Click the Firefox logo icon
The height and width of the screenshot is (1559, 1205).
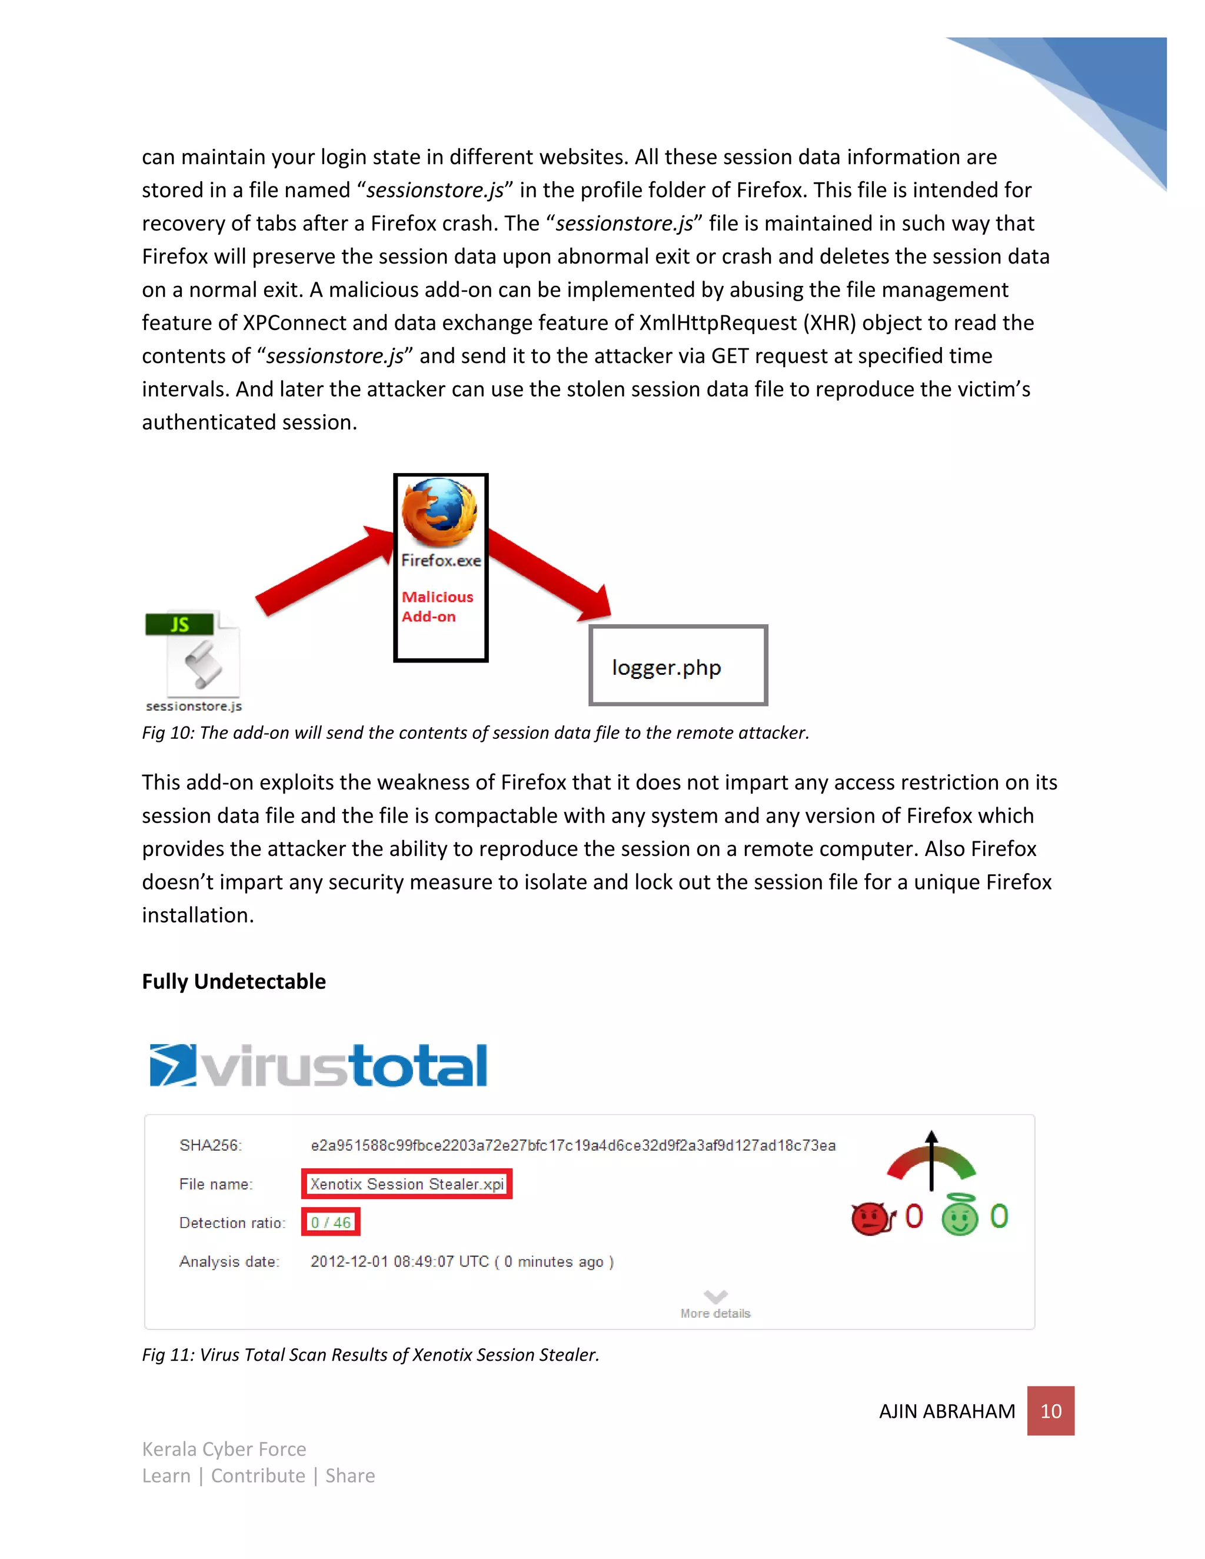tap(439, 512)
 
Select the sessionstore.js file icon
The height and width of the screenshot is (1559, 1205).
tap(194, 655)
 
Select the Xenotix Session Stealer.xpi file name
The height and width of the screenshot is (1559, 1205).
tap(407, 1184)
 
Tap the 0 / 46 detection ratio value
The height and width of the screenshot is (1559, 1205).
tap(331, 1223)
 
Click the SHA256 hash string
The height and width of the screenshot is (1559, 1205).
tap(572, 1145)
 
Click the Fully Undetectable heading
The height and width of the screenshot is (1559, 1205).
tap(234, 981)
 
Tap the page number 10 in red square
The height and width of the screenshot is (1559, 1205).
tap(1050, 1411)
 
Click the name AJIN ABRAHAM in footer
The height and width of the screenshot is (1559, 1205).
tap(947, 1411)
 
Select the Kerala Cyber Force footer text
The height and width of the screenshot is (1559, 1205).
tap(224, 1449)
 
